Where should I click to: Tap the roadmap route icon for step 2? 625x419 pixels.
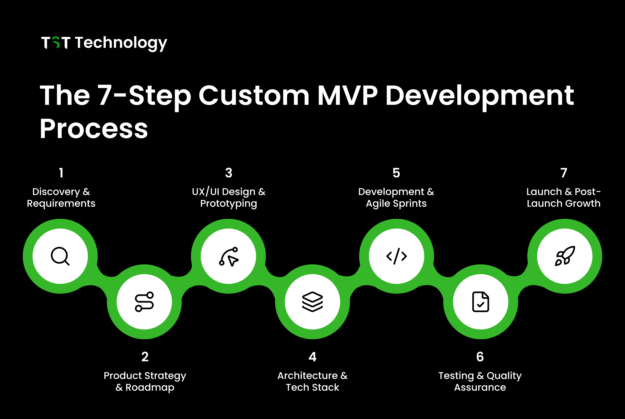click(x=144, y=302)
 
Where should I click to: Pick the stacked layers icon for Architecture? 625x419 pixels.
click(x=312, y=302)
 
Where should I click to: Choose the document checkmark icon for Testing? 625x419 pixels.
click(x=480, y=302)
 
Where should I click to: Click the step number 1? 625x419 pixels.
click(x=61, y=173)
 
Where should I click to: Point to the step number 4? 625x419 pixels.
click(x=312, y=357)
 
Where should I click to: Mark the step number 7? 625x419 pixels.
click(x=564, y=173)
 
